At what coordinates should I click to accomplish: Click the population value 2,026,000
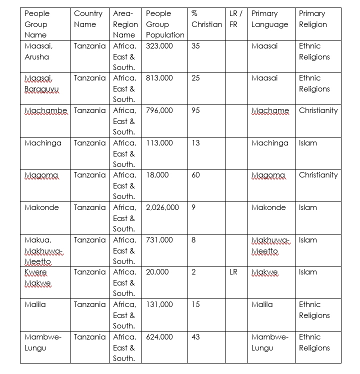point(162,207)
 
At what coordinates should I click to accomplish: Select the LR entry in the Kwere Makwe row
point(233,272)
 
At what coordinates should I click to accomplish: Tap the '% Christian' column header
point(206,19)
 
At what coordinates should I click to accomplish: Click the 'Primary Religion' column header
point(312,19)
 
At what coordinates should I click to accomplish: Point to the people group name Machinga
point(43,143)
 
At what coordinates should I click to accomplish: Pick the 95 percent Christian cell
point(195,110)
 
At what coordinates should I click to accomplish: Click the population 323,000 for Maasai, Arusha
point(159,46)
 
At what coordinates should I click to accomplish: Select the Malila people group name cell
point(35,304)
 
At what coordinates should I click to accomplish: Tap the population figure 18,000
point(157,175)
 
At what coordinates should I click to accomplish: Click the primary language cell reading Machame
point(270,110)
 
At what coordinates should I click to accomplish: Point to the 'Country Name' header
point(88,19)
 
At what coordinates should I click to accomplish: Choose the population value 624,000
point(159,337)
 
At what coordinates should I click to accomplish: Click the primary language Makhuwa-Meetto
point(270,245)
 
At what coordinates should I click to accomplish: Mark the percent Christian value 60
point(195,175)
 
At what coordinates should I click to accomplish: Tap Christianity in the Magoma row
point(318,175)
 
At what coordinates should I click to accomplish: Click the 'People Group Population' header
point(165,24)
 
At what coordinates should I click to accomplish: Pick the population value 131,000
point(159,304)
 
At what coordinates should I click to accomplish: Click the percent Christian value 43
point(195,337)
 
